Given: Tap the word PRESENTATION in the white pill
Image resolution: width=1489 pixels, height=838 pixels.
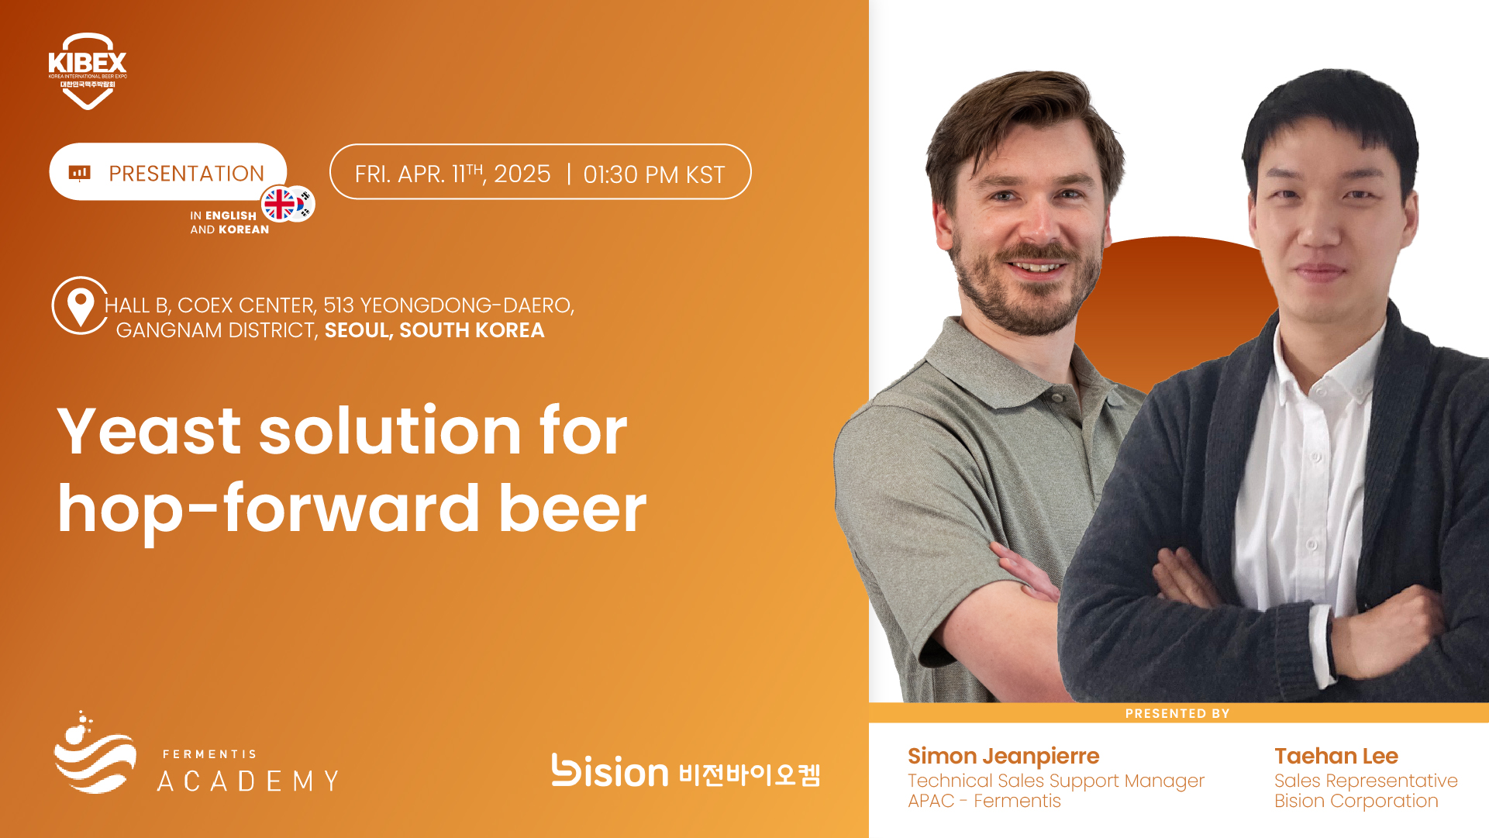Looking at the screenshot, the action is [x=186, y=174].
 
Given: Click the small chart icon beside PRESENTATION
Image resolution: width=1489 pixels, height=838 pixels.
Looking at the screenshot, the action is [x=80, y=173].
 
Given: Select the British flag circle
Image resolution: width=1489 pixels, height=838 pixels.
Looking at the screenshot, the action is [x=280, y=205].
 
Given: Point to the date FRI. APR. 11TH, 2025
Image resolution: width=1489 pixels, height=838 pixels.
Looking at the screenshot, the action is [x=453, y=174].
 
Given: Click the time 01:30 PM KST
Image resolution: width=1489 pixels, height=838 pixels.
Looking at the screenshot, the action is [x=653, y=174].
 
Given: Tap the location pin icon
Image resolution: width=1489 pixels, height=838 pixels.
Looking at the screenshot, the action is [x=80, y=305].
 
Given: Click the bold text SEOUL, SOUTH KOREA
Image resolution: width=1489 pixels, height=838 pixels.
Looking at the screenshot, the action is [x=434, y=330].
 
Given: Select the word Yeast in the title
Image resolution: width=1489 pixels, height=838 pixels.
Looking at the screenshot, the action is [x=149, y=431].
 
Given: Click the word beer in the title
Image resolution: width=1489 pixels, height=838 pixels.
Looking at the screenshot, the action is [x=572, y=509].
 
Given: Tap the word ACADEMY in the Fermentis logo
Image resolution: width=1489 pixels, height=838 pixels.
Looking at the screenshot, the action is [x=248, y=781].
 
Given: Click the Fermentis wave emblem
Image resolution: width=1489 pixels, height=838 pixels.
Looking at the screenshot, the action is [x=95, y=753].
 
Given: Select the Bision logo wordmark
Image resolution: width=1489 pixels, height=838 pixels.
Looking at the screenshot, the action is [x=609, y=771].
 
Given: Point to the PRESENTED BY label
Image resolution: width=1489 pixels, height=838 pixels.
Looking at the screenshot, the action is [x=1177, y=713].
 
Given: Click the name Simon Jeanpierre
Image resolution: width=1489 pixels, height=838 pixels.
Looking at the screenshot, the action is [x=1003, y=756].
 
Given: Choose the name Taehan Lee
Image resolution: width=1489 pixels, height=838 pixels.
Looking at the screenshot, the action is [x=1336, y=756].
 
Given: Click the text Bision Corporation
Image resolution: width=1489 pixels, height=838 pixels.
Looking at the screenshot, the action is [x=1356, y=801].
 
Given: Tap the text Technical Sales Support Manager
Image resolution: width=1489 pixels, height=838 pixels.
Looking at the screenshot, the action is [x=1056, y=781].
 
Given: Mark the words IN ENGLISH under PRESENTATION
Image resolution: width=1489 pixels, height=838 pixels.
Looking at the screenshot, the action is [x=223, y=216].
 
